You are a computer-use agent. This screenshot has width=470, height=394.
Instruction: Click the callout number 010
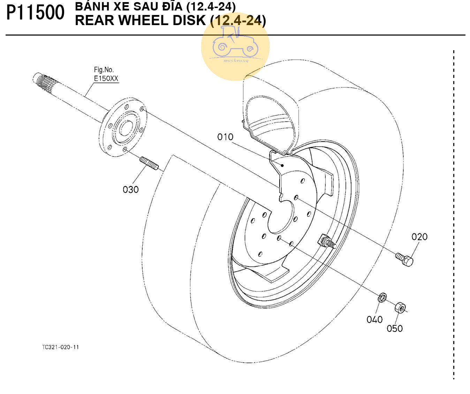(x=225, y=137)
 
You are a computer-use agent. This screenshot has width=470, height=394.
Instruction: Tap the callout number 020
(x=419, y=237)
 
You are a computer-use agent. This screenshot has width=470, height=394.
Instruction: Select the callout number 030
(x=131, y=190)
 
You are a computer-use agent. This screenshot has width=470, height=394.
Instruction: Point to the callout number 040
(x=374, y=319)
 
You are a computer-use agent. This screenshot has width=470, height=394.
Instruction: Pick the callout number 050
(x=394, y=328)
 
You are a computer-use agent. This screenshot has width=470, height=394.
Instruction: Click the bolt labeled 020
(x=404, y=259)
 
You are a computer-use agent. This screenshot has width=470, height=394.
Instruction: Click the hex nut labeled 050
(x=400, y=308)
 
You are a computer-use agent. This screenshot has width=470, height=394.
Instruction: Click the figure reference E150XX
(x=106, y=78)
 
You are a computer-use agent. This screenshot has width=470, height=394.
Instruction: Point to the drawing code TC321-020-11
(x=61, y=347)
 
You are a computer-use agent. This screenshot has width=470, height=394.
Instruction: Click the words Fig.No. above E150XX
(x=104, y=70)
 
